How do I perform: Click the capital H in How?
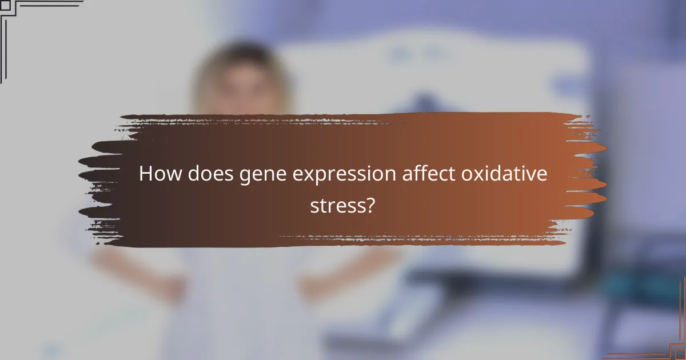tap(146, 174)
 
